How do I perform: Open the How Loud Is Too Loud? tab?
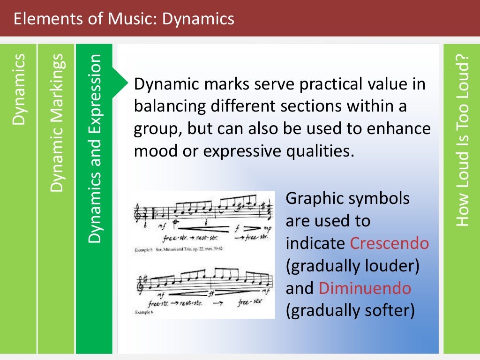(462, 141)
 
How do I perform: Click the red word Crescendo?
(389, 243)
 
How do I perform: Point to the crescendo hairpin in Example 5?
(197, 229)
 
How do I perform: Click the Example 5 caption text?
(178, 250)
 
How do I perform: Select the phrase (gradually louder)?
(352, 266)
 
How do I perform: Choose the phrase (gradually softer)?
(350, 310)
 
